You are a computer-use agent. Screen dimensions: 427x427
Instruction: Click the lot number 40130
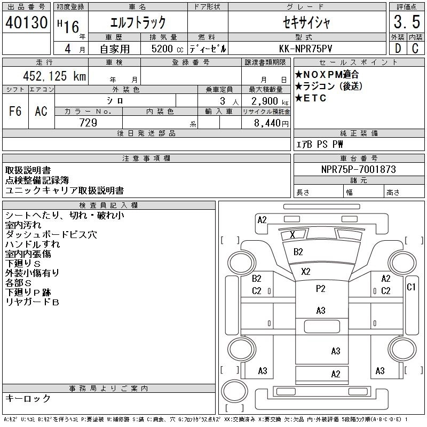(x=26, y=22)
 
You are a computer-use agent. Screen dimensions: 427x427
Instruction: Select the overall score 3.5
(x=407, y=22)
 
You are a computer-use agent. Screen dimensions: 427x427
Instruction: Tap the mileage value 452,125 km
(x=54, y=76)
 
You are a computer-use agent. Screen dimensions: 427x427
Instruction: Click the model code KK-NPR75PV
(x=305, y=49)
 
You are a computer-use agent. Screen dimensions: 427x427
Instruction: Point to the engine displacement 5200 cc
(x=167, y=49)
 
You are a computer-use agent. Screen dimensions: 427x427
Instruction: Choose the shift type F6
(x=15, y=111)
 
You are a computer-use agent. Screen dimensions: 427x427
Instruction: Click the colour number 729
(x=88, y=123)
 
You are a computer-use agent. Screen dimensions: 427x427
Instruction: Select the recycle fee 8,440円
(x=271, y=123)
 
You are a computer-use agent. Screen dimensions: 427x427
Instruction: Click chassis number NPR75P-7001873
(x=358, y=169)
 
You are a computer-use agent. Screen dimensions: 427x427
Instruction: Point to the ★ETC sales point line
(x=311, y=98)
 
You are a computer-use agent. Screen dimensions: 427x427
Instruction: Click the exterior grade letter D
(x=398, y=49)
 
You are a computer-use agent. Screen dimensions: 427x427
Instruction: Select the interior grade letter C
(x=415, y=49)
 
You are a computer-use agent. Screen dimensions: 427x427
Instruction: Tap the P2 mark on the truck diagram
(x=321, y=289)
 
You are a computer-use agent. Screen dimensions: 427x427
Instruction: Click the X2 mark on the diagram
(x=305, y=272)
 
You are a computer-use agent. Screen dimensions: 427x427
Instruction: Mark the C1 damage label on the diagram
(x=411, y=287)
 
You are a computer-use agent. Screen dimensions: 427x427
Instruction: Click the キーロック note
(x=28, y=398)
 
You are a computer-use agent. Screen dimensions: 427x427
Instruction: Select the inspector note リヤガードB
(x=32, y=302)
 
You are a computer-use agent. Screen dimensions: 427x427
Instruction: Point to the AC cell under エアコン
(x=41, y=111)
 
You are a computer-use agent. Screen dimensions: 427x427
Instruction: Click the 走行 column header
(x=44, y=62)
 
